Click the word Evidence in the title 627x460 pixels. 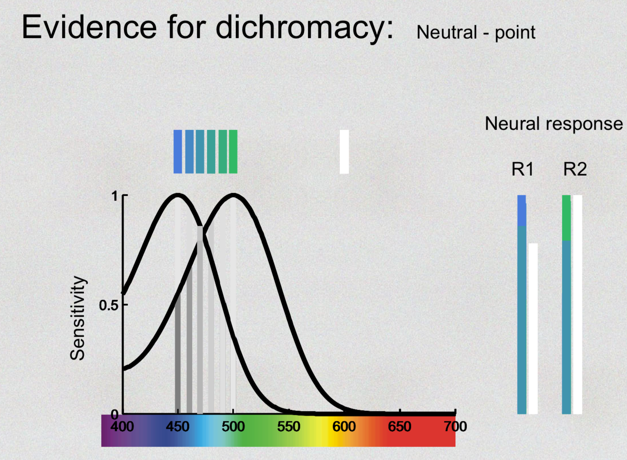pyautogui.click(x=89, y=28)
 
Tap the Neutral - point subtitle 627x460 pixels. pyautogui.click(x=476, y=33)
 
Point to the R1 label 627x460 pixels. pyautogui.click(x=522, y=170)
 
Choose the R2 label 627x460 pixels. pyautogui.click(x=575, y=170)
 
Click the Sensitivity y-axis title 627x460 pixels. pyautogui.click(x=77, y=318)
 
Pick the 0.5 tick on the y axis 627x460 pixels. pyautogui.click(x=109, y=305)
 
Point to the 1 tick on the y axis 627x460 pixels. pyautogui.click(x=115, y=196)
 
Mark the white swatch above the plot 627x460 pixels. pyautogui.click(x=344, y=152)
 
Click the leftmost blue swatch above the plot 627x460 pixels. pyautogui.click(x=178, y=152)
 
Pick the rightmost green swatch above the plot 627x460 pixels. pyautogui.click(x=233, y=152)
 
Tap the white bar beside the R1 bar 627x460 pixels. pyautogui.click(x=533, y=329)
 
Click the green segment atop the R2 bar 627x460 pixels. pyautogui.click(x=566, y=218)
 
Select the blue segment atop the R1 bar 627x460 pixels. pyautogui.click(x=521, y=210)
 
